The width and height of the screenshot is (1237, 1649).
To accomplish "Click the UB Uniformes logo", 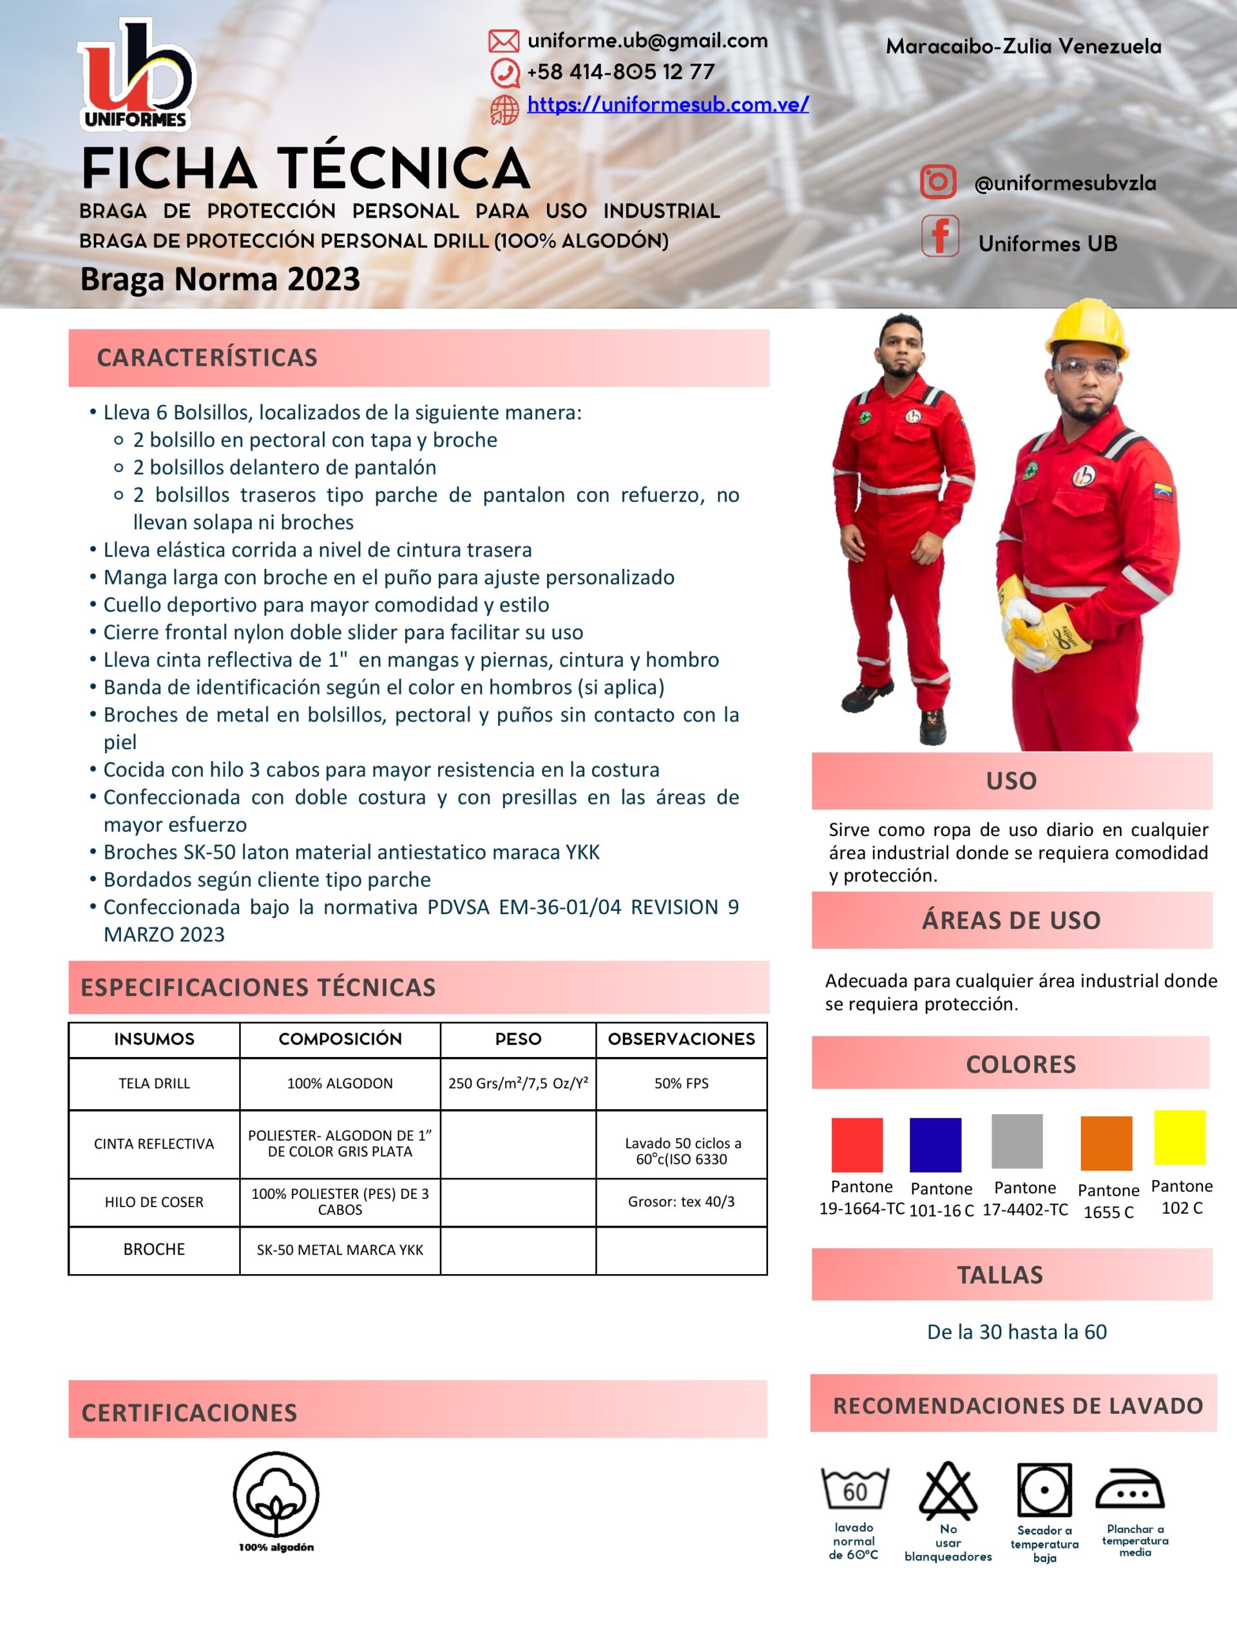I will [136, 75].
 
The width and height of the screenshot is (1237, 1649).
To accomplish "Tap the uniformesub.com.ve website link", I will [667, 104].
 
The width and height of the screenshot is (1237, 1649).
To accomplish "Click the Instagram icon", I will [937, 182].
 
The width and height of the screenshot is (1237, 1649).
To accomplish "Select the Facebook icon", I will [939, 236].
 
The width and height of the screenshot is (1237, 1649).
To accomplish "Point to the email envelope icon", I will [503, 41].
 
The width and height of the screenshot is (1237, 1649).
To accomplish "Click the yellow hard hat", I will [1086, 325].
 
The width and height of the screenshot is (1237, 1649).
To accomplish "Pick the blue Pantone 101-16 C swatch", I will [935, 1144].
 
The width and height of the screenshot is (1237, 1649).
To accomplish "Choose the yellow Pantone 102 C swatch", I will [1180, 1137].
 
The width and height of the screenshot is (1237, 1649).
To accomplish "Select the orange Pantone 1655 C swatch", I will [1106, 1143].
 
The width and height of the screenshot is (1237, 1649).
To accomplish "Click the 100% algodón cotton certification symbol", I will [276, 1494].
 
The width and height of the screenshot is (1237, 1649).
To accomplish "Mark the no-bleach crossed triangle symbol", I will [948, 1491].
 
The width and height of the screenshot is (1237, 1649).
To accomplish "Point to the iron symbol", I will [1129, 1489].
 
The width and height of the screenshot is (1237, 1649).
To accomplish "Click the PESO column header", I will [518, 1039].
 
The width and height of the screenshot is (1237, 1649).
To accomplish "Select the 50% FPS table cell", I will [681, 1083].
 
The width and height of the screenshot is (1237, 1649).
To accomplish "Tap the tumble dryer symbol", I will [1044, 1490].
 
